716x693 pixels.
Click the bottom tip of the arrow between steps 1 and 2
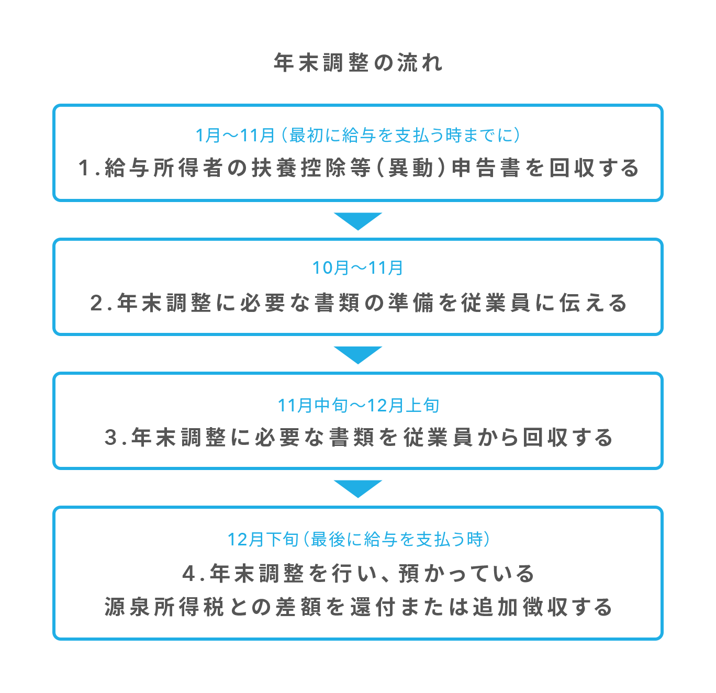click(357, 230)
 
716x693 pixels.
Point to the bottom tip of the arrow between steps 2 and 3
click(357, 364)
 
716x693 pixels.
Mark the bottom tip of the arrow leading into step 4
click(357, 498)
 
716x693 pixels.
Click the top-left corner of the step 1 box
click(53, 104)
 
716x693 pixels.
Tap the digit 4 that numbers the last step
click(188, 573)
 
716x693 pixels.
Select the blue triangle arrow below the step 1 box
click(357, 221)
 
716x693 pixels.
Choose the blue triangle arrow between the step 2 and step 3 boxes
click(357, 355)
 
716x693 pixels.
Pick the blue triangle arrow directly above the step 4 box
click(357, 489)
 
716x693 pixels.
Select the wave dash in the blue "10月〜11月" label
click(357, 268)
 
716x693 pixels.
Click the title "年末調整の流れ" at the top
click(357, 63)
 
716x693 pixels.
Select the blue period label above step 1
click(357, 135)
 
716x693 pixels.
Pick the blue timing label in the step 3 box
click(358, 405)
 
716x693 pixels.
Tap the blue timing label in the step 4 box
click(359, 539)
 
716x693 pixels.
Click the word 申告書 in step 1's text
click(485, 168)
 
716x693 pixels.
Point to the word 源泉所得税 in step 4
click(164, 607)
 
